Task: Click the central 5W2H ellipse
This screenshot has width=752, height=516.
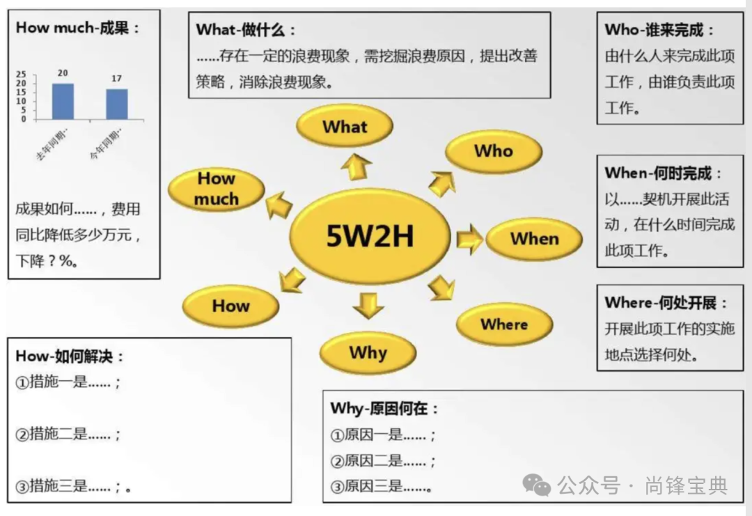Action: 370,237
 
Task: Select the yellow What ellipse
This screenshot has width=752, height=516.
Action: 345,127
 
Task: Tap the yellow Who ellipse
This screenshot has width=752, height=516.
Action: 493,151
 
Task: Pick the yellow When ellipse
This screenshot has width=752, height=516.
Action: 534,239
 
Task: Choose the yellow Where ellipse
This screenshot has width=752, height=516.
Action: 504,324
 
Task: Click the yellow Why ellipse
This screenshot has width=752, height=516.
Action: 368,352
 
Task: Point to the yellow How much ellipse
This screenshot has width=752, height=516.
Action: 217,189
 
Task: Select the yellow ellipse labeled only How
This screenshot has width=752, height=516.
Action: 230,306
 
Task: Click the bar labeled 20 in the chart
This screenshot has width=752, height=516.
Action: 63,101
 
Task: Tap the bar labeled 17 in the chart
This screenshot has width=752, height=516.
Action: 116,104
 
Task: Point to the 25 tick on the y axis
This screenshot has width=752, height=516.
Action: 21,75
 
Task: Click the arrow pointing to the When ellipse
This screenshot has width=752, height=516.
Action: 470,240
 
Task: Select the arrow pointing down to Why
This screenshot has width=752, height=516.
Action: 368,305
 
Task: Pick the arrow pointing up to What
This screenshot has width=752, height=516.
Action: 356,167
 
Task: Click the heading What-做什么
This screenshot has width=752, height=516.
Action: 246,30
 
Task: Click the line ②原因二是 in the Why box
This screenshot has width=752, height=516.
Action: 383,461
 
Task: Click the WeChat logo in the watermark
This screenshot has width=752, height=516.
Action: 537,485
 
